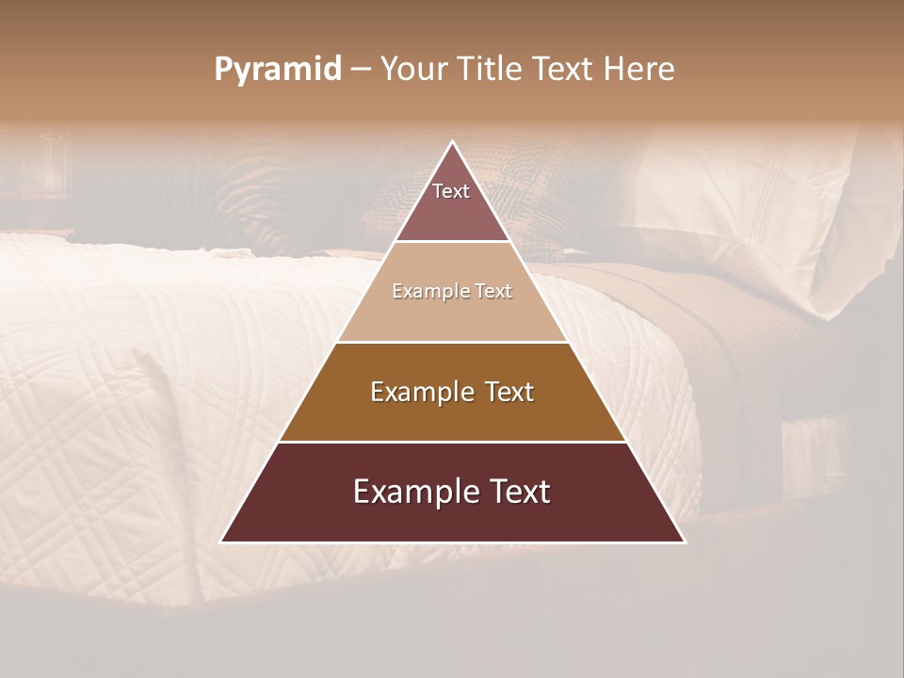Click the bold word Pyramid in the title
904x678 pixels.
click(x=278, y=70)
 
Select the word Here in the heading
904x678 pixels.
click(x=640, y=70)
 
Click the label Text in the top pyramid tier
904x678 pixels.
click(x=451, y=191)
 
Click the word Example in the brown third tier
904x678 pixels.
click(x=420, y=392)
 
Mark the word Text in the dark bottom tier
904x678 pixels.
click(x=516, y=492)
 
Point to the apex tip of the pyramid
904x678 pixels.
click(x=453, y=143)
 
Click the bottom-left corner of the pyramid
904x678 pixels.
click(x=222, y=541)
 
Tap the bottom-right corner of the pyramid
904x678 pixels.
click(x=684, y=541)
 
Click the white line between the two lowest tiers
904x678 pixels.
click(x=453, y=442)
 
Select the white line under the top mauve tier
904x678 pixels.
click(x=453, y=242)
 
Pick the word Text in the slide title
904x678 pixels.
click(x=563, y=70)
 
